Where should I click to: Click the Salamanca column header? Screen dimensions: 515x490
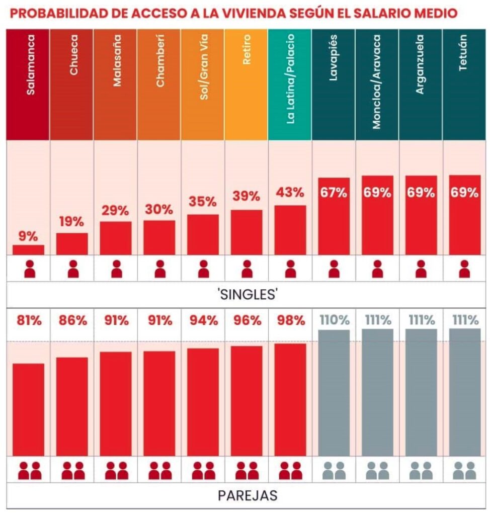point(28,84)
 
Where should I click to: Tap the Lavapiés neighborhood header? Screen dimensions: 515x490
point(334,84)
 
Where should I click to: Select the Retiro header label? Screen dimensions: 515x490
point(247,84)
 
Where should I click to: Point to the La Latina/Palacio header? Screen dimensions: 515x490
point(290,84)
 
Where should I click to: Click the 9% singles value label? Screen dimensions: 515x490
point(28,236)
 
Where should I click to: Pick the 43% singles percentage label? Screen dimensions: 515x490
point(290,192)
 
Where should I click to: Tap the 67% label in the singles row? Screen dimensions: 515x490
point(334,192)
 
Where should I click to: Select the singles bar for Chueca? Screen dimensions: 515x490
point(72,243)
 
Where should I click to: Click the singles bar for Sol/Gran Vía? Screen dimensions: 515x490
point(203,234)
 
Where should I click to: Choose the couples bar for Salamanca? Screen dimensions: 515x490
point(28,409)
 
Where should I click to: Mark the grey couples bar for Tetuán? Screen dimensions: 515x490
point(464,392)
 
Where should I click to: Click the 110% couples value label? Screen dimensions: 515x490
point(334,320)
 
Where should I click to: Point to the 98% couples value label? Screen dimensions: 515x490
point(290,320)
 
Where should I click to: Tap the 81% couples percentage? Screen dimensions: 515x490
point(28,320)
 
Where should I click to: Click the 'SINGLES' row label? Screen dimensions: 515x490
point(247,294)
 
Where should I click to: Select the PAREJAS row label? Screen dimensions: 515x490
point(247,495)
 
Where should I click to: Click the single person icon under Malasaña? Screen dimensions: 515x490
point(116,269)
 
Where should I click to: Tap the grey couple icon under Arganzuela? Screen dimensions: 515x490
point(421,471)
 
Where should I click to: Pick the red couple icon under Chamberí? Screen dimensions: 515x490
point(159,471)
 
